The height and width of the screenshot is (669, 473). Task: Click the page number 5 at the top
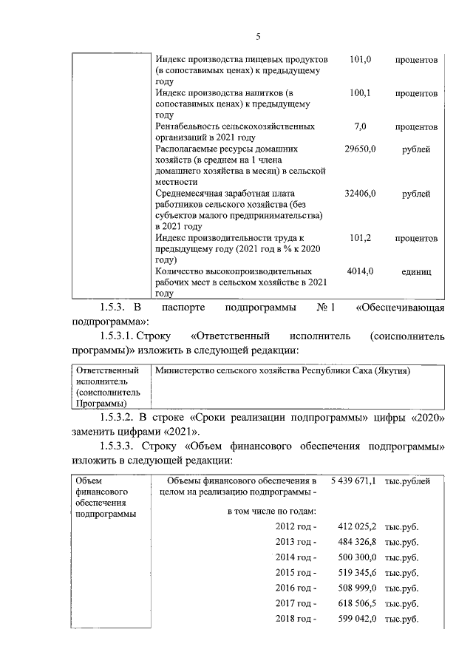coord(258,36)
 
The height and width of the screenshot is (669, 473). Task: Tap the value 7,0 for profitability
coord(361,126)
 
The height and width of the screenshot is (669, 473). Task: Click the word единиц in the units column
coord(416,272)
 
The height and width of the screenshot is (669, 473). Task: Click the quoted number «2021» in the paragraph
coord(180,432)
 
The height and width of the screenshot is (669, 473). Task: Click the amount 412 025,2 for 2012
coord(358,526)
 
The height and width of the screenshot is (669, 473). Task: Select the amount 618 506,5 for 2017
coord(358,603)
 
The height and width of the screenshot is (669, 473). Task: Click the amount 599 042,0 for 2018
coord(358,619)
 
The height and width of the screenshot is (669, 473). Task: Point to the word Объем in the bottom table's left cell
coord(89,481)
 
